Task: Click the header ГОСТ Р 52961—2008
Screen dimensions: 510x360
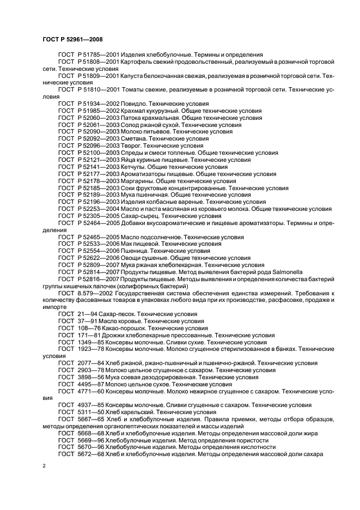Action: coord(72,39)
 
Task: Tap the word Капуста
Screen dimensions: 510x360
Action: coord(142,76)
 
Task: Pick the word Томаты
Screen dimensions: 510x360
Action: coord(141,89)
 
